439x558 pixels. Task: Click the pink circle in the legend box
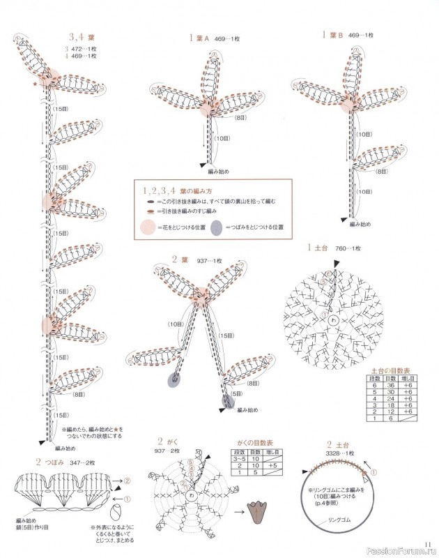[x=147, y=227]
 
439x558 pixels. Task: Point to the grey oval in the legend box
[x=217, y=227]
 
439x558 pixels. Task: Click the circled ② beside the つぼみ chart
[x=128, y=481]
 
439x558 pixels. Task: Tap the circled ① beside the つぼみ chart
[x=128, y=499]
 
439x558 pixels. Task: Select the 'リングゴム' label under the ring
[x=339, y=520]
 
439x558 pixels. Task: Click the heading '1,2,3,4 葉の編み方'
[x=176, y=190]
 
